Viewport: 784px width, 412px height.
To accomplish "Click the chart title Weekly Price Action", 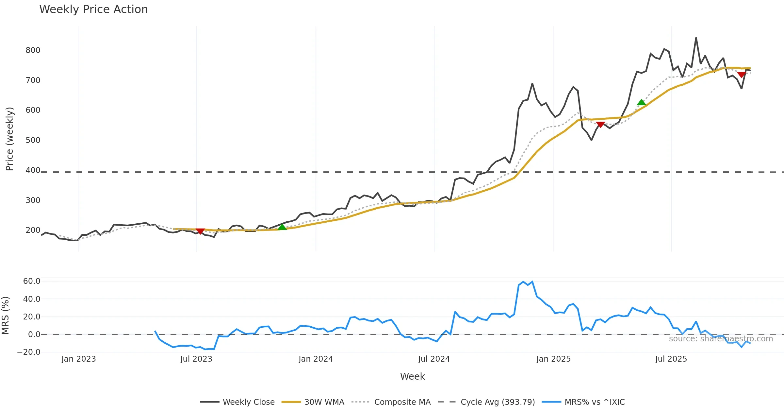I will point(93,9).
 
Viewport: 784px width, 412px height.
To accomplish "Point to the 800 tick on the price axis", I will point(33,50).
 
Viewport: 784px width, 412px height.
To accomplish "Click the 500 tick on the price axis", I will point(33,140).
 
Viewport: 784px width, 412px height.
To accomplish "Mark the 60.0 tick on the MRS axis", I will point(32,281).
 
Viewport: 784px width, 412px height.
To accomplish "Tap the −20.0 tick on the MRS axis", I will point(29,352).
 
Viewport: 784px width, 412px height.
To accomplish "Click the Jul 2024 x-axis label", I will point(434,359).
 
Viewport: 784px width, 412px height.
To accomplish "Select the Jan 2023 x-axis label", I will point(79,359).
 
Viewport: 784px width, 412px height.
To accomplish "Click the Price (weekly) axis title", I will point(9,139).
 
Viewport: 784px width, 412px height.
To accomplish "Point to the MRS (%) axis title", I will point(5,316).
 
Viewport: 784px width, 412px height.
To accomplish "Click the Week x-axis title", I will point(412,377).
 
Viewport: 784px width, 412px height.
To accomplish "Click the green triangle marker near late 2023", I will point(282,227).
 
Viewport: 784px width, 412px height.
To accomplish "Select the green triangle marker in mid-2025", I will point(641,103).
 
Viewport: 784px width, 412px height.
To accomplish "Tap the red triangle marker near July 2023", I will point(200,231).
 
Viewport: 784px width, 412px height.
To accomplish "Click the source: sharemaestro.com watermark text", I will point(721,339).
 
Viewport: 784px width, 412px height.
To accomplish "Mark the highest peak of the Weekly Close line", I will point(696,38).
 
